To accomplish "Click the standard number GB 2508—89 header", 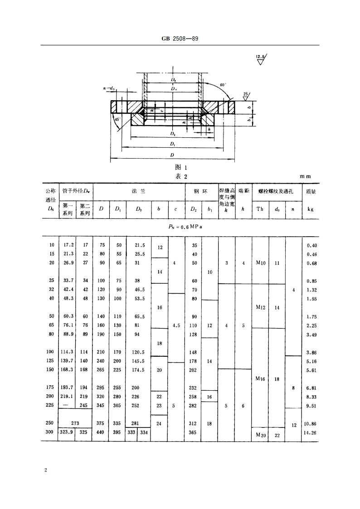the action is (x=180, y=39).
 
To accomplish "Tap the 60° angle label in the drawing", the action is (x=222, y=85).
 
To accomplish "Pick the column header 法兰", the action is (x=138, y=192).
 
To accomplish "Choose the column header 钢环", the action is (x=201, y=192).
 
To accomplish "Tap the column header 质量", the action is (x=311, y=192).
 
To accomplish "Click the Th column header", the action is (x=260, y=209).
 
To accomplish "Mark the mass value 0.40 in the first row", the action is (x=311, y=245).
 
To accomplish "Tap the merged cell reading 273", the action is (x=75, y=423).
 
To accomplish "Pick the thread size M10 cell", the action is (x=260, y=263).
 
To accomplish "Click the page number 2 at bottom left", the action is (x=45, y=470).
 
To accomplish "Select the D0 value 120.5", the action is (x=137, y=352).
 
